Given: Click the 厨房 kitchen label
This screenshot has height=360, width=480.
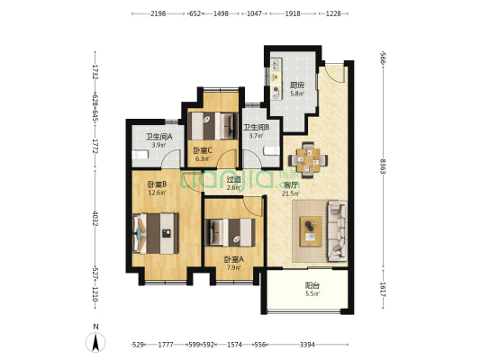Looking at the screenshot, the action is [x=297, y=85].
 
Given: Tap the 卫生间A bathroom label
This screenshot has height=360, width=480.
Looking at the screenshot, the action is [x=158, y=137].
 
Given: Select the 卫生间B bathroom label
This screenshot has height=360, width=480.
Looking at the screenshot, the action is [x=256, y=127].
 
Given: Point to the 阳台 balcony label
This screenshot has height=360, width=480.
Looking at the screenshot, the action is [x=312, y=285].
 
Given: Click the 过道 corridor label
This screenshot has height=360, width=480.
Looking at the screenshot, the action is [x=234, y=179].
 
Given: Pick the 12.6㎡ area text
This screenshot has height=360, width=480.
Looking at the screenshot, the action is [x=157, y=193].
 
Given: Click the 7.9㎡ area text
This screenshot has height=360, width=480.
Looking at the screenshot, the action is [x=233, y=267].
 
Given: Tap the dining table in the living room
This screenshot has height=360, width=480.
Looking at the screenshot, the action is [x=308, y=160].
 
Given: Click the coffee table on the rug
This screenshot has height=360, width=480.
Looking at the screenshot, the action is [x=311, y=231].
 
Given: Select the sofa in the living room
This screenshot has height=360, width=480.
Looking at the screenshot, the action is [x=338, y=231].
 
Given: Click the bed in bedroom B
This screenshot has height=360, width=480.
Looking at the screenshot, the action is [x=156, y=233].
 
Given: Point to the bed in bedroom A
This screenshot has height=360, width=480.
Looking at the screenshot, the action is [x=230, y=232].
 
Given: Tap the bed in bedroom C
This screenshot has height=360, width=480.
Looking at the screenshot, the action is [x=213, y=126].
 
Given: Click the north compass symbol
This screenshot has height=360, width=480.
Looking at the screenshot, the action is [x=95, y=342].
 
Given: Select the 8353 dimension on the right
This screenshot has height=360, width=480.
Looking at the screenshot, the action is [x=383, y=166].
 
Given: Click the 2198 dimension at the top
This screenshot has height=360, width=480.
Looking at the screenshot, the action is [x=158, y=13].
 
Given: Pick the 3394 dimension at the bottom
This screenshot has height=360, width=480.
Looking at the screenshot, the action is [x=307, y=345].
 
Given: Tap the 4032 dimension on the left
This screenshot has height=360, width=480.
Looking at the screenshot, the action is [x=95, y=219].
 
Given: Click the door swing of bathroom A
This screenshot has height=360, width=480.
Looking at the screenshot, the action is [x=171, y=158].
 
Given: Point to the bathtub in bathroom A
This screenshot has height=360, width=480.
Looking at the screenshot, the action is [x=140, y=154].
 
